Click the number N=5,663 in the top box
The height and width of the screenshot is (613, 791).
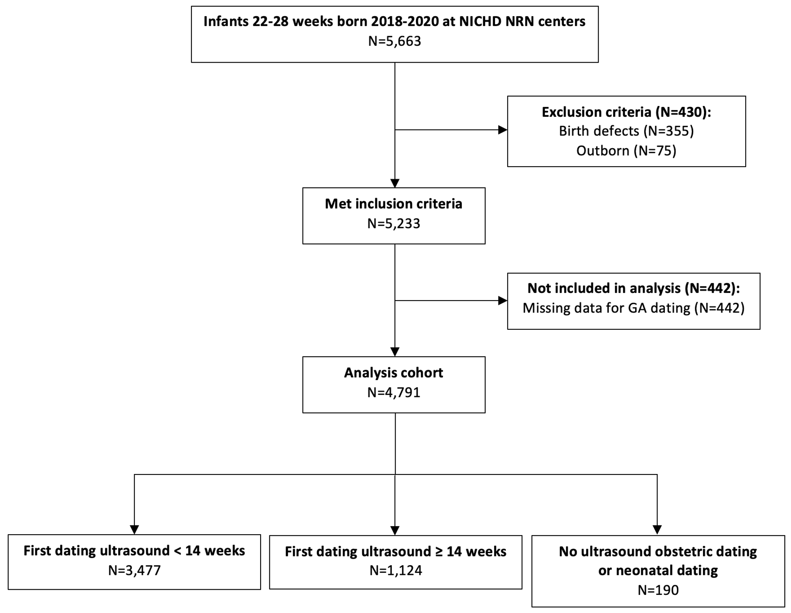coord(395,41)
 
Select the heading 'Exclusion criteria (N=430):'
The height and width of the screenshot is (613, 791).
coord(626,112)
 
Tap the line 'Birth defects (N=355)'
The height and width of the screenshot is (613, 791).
coord(626,131)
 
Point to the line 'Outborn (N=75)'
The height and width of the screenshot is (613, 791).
coord(626,151)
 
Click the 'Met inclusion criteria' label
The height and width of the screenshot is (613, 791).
coord(393,204)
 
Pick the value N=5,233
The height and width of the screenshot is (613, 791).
coord(393,223)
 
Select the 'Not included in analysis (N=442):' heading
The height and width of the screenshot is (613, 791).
coord(634,288)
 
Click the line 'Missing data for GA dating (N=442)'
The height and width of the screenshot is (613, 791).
coord(634,308)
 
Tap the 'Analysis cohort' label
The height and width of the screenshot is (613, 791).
coord(393,373)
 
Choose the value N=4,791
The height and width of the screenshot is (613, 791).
coord(393,392)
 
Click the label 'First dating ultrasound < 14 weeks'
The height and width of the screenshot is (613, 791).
coord(134,551)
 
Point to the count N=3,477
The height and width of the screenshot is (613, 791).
coord(134,570)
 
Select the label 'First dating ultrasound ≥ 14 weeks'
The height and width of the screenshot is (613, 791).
coord(395,552)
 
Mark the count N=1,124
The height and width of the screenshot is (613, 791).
coord(395,570)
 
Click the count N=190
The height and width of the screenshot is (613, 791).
coord(658,590)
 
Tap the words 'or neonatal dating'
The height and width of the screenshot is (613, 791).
coord(658,570)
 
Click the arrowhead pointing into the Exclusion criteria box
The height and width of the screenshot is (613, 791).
coord(503,130)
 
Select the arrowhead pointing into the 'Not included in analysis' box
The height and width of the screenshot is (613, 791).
coord(503,300)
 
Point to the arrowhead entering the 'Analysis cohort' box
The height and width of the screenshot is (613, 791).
coord(395,352)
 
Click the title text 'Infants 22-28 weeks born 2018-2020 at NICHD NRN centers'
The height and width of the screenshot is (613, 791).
coord(394,21)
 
